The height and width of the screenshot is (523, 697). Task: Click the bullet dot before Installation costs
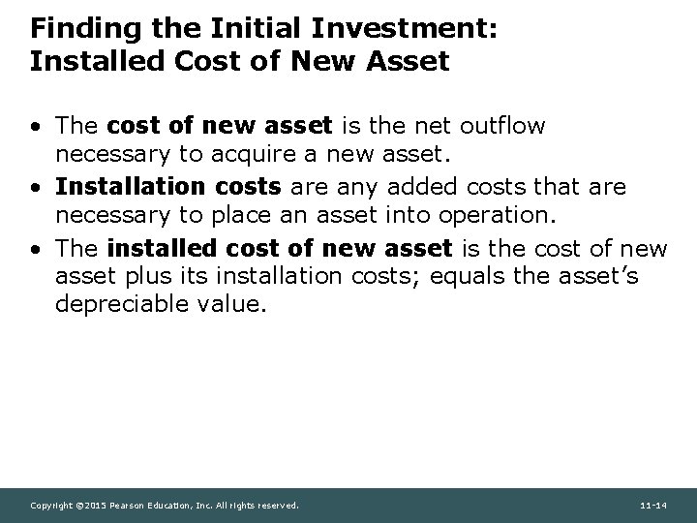coord(36,185)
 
